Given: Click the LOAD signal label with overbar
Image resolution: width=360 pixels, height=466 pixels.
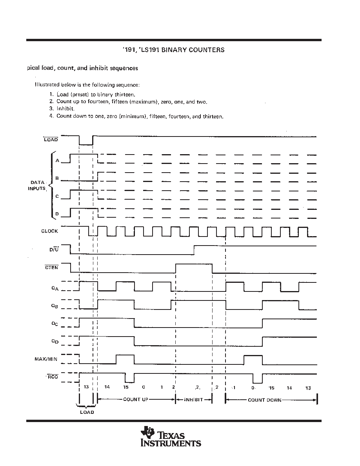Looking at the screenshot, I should (51, 139).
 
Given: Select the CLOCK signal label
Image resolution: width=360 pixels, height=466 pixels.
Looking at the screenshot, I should (50, 231).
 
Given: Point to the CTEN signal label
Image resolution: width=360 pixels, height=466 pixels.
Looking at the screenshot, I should (52, 268).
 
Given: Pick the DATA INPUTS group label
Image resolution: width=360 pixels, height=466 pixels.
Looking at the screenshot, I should (38, 186).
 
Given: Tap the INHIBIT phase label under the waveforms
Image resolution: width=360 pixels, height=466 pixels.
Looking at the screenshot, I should (193, 400).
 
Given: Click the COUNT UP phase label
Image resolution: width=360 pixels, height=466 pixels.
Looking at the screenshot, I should (136, 400).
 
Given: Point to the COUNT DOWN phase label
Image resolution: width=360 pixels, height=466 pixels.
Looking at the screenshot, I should (264, 400).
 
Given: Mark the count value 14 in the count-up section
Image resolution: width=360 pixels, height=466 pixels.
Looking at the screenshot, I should (107, 388).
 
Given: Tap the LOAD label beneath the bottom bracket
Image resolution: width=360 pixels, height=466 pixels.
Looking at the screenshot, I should (87, 412).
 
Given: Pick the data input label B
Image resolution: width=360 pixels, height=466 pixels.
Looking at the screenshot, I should (57, 178).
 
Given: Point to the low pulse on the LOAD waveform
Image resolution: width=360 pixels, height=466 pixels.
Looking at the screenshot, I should (86, 144).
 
